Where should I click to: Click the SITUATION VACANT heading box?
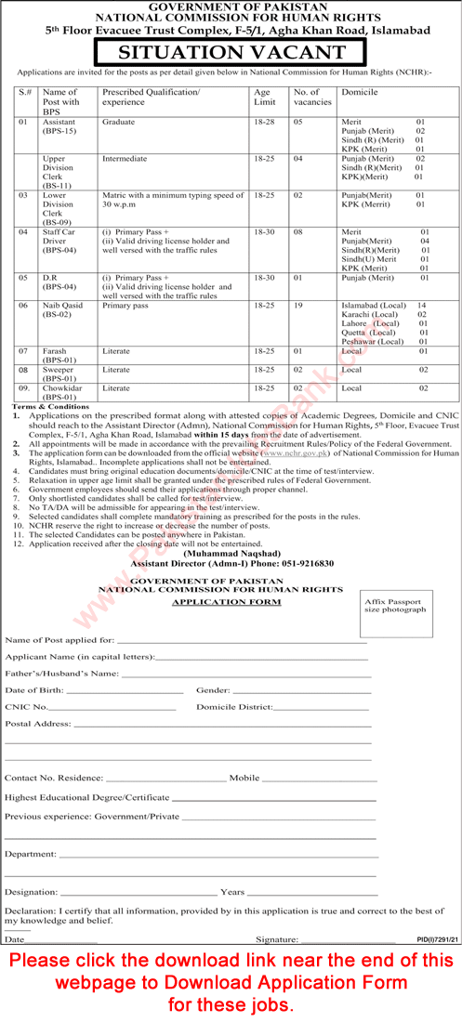[x=231, y=53]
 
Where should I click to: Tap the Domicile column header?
[x=357, y=93]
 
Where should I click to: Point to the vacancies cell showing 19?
[x=299, y=304]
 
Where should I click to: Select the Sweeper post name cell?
[x=61, y=373]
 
